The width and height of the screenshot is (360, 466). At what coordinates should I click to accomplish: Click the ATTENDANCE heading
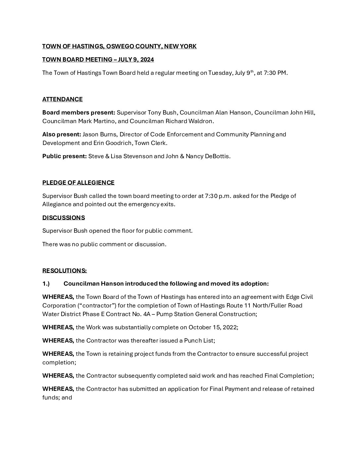point(63,99)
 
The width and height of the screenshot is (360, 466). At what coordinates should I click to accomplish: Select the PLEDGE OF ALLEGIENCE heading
point(78,183)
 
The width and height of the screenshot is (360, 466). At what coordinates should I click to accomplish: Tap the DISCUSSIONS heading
point(64,218)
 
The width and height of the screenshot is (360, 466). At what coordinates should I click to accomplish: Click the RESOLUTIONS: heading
point(65,271)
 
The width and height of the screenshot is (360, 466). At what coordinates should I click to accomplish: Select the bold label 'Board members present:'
point(79,113)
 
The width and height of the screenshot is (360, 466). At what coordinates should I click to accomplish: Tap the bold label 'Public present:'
point(65,156)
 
